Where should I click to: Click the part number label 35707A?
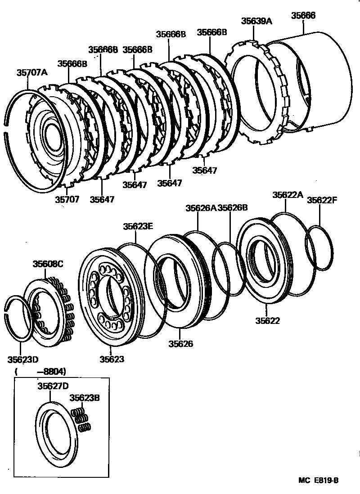[x=32, y=72]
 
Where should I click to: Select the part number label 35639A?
[x=256, y=21]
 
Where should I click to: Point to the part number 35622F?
[x=322, y=201]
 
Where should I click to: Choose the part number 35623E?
[x=139, y=227]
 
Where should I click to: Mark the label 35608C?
[x=48, y=263]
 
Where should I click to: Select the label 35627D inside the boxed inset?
[x=53, y=386]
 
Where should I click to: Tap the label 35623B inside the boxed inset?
[x=84, y=398]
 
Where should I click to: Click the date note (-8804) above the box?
[x=40, y=372]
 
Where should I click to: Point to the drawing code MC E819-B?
[x=318, y=480]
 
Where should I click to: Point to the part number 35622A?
[x=288, y=195]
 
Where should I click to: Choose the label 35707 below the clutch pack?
[x=67, y=199]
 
